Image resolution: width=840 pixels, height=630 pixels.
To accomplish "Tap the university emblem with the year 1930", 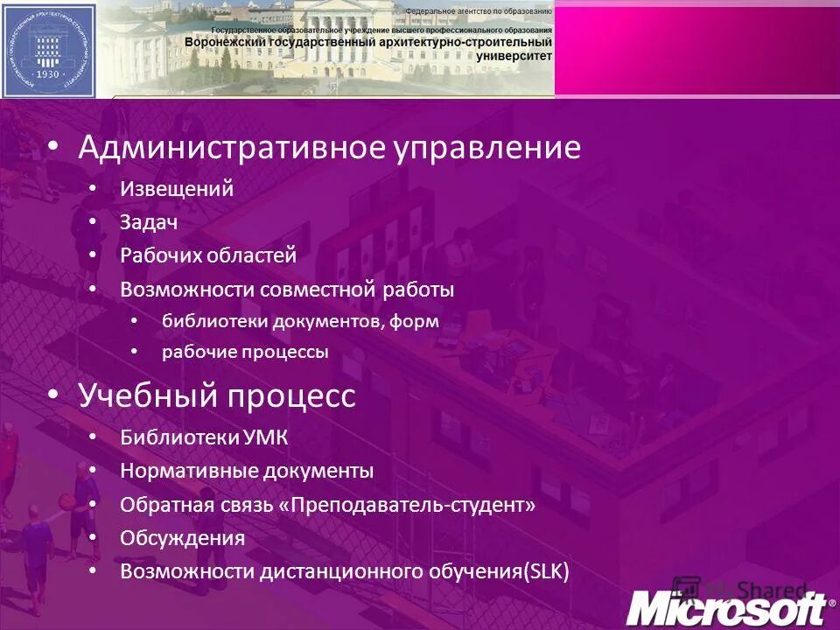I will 48,49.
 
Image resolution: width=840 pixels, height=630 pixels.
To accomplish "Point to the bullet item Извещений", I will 177,189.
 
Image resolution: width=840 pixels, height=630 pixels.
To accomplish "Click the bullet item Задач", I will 149,222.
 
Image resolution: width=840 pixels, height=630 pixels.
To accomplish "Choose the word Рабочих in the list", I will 160,255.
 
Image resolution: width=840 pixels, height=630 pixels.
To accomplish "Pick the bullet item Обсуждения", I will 182,538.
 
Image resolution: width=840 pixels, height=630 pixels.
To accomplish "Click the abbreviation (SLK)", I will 545,572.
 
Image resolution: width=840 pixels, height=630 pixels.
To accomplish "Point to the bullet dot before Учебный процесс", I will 54,395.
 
